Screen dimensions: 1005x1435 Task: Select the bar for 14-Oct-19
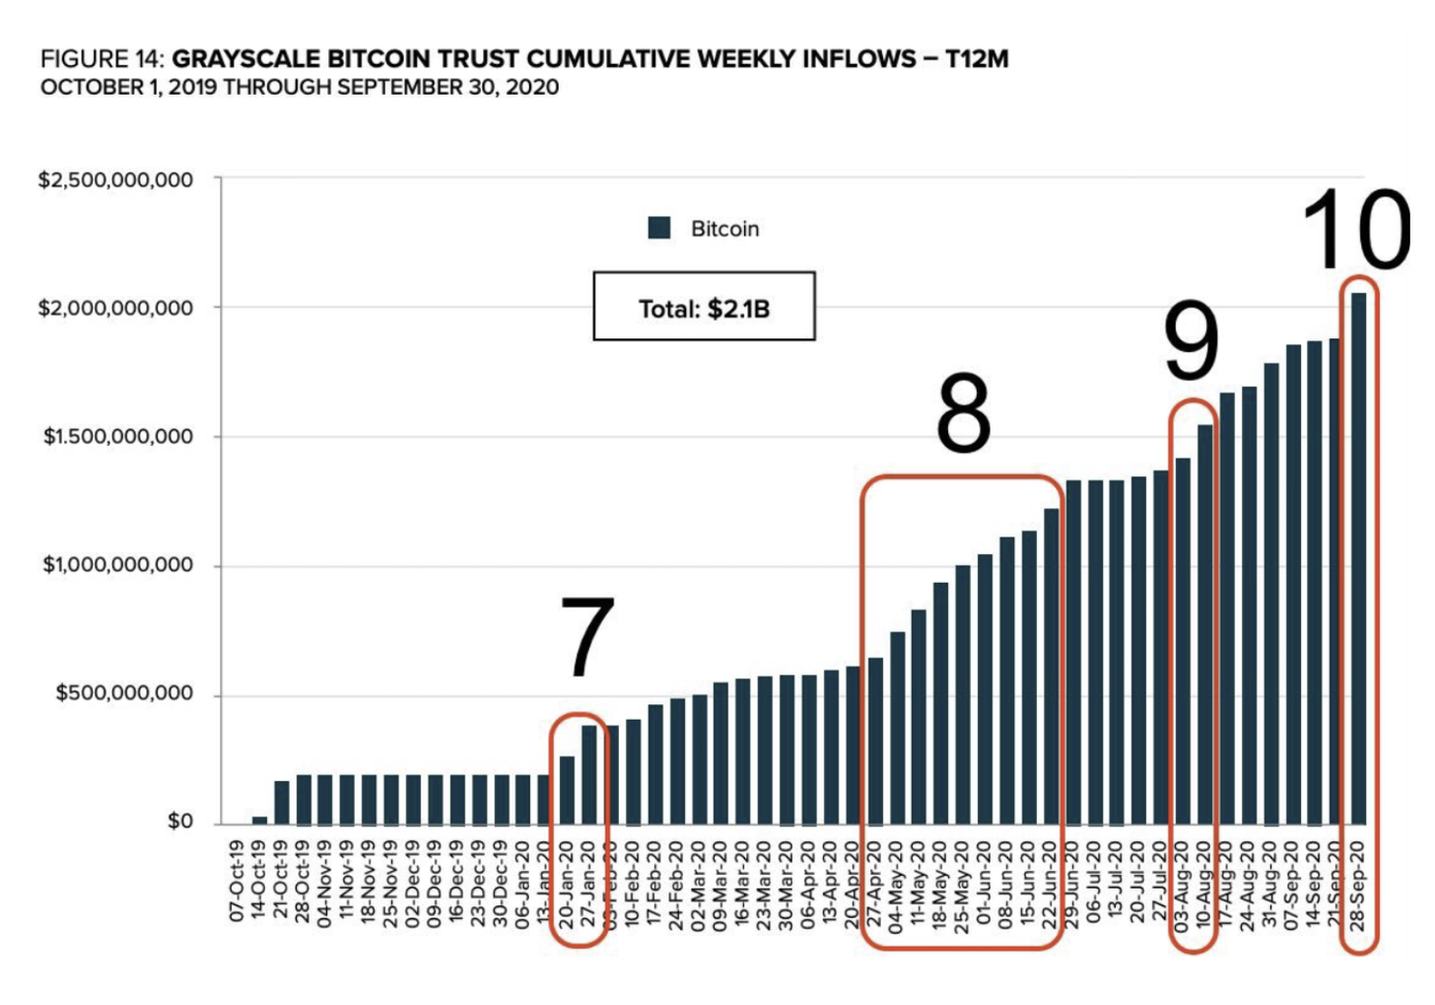(x=259, y=820)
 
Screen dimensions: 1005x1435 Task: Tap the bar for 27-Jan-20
(x=589, y=774)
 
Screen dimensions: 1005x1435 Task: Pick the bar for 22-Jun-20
(x=1052, y=666)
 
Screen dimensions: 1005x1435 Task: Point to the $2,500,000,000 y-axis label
(x=115, y=180)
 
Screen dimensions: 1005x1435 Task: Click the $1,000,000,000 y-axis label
(x=117, y=565)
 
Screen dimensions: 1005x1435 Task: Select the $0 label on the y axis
(x=179, y=822)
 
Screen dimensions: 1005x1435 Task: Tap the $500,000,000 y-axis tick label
(x=123, y=693)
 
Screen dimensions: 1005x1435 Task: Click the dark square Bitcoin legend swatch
(x=659, y=229)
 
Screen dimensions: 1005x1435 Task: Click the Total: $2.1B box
(x=704, y=308)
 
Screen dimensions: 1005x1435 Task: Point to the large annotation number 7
(x=587, y=638)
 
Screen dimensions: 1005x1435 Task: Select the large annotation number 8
(x=963, y=413)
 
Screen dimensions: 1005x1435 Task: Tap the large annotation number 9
(x=1192, y=341)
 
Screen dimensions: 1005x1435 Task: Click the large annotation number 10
(x=1356, y=229)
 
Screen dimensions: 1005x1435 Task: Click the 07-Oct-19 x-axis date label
(x=237, y=881)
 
